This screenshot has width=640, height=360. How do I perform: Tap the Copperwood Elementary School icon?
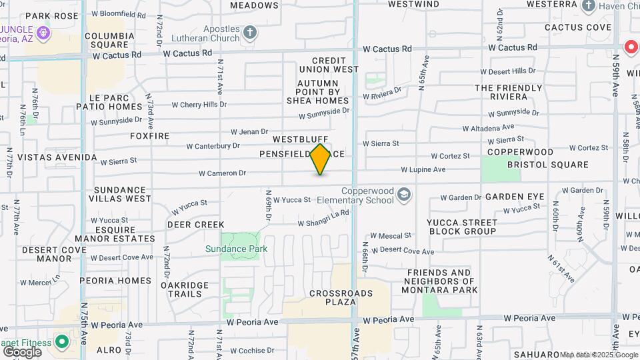click(403, 195)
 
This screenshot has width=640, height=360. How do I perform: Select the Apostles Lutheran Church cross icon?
click(250, 32)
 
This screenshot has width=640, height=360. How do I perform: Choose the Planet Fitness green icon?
click(62, 343)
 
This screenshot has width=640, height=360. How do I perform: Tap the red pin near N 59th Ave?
click(631, 47)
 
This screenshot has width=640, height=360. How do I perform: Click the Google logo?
click(22, 351)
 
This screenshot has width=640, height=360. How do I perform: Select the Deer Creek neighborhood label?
click(195, 225)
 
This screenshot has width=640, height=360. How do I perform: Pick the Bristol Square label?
click(547, 165)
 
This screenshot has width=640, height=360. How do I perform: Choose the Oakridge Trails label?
click(185, 289)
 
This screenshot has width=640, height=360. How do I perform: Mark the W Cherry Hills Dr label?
click(199, 105)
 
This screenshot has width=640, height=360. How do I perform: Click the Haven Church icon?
click(589, 6)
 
